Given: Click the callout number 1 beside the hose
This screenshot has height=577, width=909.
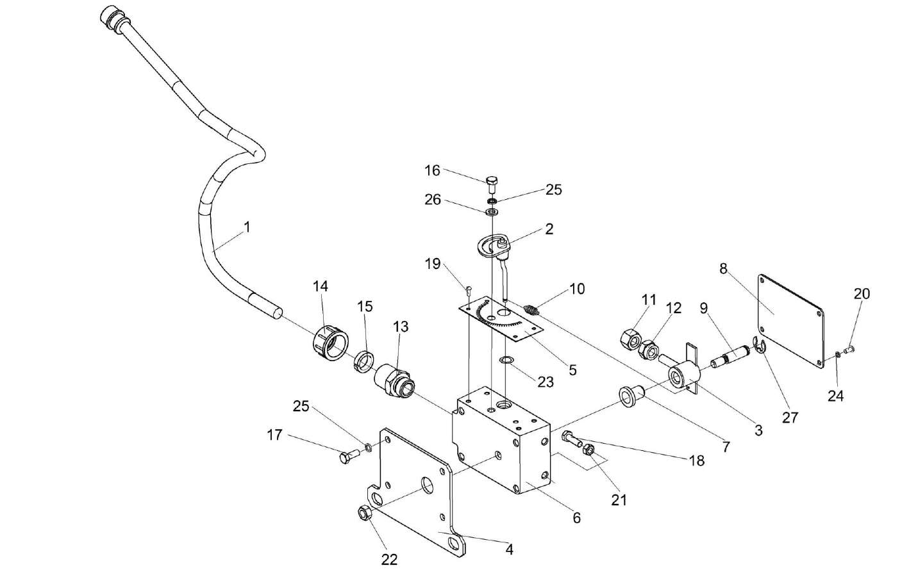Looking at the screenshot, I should click(247, 227).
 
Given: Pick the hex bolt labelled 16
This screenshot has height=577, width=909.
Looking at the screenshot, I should click(492, 184).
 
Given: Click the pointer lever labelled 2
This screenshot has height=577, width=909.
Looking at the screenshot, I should click(497, 246).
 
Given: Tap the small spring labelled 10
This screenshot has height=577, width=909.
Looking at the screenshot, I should click(531, 310).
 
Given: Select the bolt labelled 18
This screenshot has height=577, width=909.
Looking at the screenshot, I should click(570, 439).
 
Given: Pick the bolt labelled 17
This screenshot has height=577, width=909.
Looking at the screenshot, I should click(349, 457).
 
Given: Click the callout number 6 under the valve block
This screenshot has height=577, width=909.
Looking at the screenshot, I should click(576, 517).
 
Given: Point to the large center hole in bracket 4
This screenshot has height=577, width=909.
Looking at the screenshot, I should click(424, 485).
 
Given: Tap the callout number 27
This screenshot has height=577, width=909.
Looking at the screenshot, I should click(790, 417).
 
